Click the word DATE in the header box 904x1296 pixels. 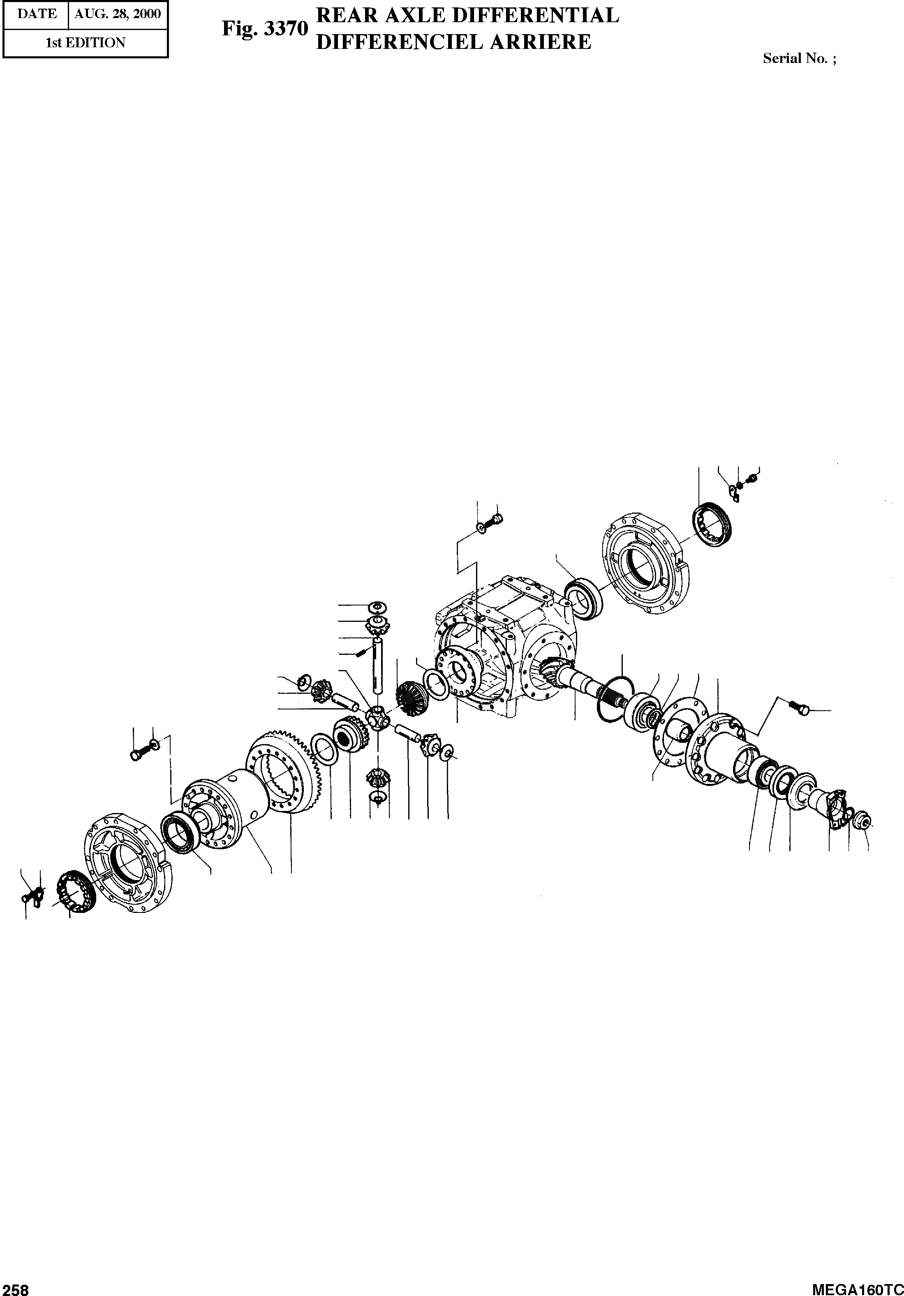click(37, 14)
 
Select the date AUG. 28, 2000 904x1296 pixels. click(118, 14)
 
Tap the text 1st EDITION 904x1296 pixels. click(85, 43)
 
